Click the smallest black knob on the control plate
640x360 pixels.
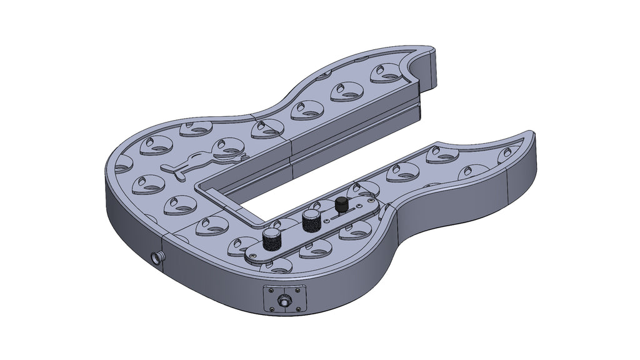pos(341,204)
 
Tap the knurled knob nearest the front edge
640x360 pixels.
pos(271,239)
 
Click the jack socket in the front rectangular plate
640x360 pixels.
pos(285,302)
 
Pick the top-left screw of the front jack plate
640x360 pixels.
pos(269,290)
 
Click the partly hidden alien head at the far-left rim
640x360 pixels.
pos(122,164)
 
